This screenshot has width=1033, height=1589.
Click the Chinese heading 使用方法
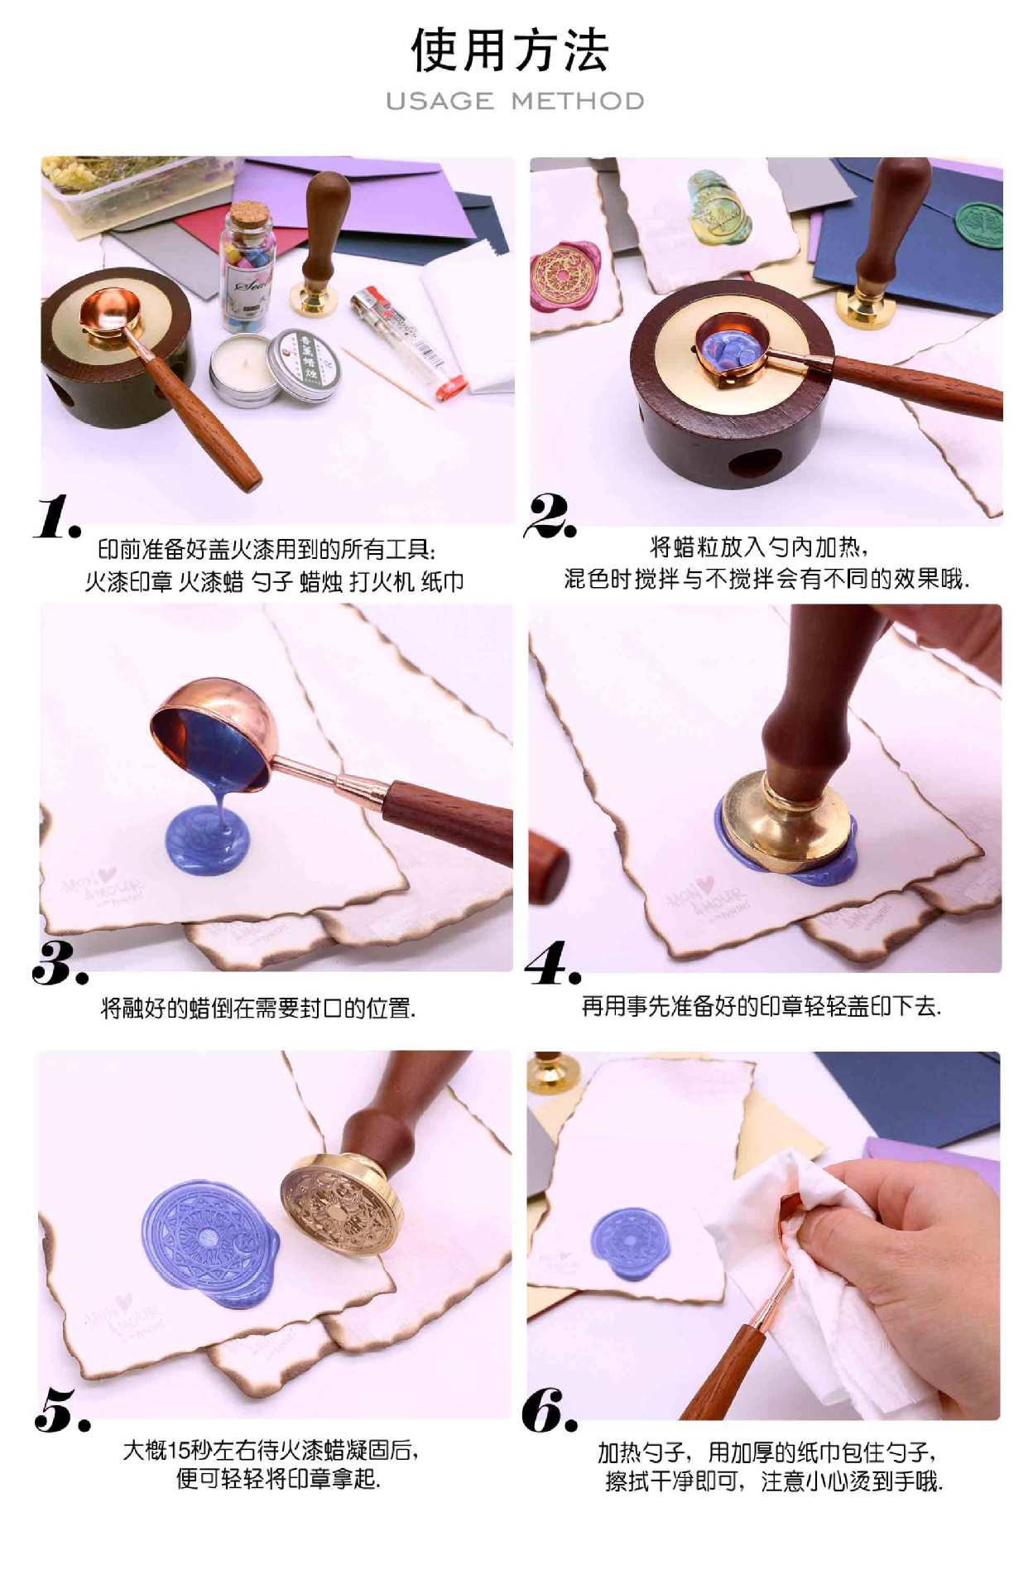click(511, 51)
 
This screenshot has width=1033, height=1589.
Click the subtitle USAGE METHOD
click(515, 101)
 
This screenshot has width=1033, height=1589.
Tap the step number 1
click(57, 517)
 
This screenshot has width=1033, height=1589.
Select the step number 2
click(550, 515)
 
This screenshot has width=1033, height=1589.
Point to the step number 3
click(60, 963)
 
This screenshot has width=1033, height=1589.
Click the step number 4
click(553, 963)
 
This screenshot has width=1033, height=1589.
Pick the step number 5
click(62, 1410)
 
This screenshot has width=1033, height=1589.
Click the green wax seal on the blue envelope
click(979, 224)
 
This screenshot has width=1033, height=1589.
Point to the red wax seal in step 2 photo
click(565, 278)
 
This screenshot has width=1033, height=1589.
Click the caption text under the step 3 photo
click(258, 1008)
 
